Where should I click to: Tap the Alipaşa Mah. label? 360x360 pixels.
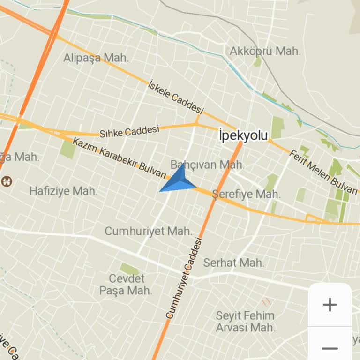click(x=96, y=58)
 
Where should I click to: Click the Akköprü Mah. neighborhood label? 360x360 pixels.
click(x=265, y=51)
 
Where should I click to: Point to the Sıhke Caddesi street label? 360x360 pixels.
click(x=129, y=131)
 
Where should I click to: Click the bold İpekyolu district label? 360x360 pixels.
click(x=243, y=135)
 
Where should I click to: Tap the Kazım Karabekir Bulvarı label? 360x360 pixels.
click(x=120, y=158)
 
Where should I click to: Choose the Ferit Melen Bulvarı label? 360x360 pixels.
click(x=323, y=172)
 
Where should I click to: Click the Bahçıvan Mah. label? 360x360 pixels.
click(x=207, y=165)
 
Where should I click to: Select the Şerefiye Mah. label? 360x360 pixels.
click(x=247, y=194)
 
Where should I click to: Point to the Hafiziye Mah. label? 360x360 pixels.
click(x=63, y=191)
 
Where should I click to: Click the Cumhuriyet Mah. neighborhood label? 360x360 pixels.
click(x=148, y=231)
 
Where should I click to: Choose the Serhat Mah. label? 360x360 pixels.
click(x=234, y=262)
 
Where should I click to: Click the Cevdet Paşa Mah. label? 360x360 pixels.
click(x=126, y=284)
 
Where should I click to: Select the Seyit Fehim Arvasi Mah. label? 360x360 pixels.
click(x=245, y=321)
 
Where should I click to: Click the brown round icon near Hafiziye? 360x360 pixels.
click(x=7, y=180)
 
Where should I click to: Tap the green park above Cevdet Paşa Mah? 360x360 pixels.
click(x=129, y=269)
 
